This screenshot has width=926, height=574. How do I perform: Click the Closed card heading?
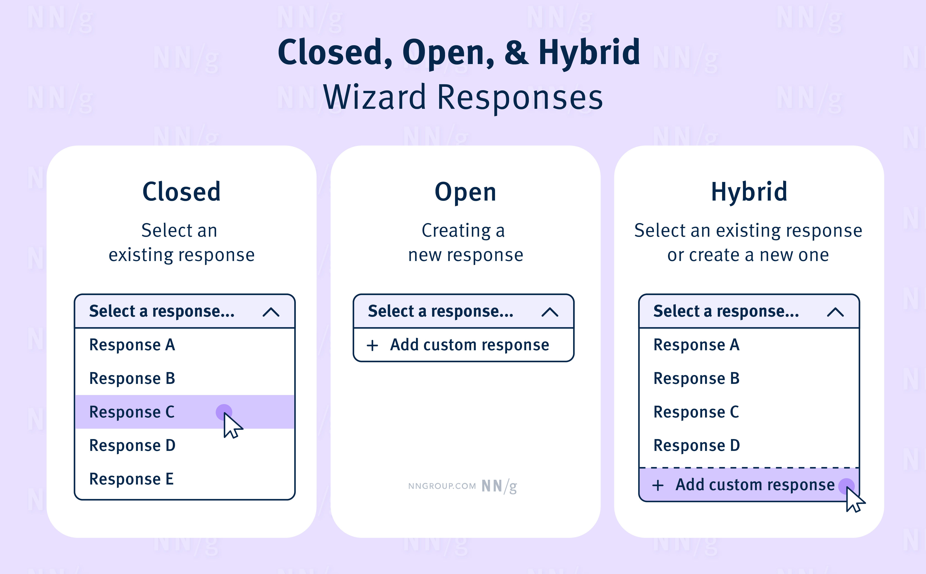tap(181, 192)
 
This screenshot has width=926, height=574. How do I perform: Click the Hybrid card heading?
tap(749, 192)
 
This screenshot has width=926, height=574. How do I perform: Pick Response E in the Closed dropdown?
tap(131, 479)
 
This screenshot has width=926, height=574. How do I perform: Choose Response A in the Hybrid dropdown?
tap(696, 345)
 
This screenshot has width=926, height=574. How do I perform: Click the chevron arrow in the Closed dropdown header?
tap(271, 312)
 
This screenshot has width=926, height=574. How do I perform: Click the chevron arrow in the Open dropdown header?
tap(550, 312)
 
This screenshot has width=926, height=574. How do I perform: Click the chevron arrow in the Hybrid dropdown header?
tap(835, 312)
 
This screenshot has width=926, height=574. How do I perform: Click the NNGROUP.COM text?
tap(442, 486)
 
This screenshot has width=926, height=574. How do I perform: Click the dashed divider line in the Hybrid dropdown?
tap(749, 468)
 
